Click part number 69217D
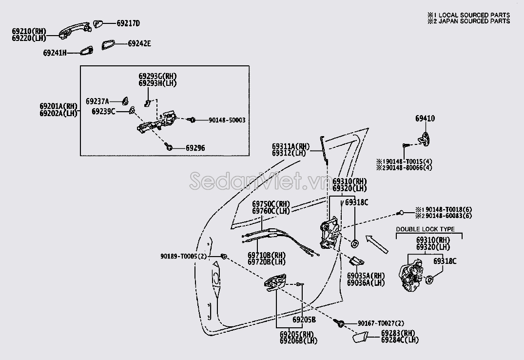tap(128, 23)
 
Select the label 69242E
tap(139, 43)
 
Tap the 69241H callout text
tap(55, 53)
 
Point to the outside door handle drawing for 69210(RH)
tap(73, 30)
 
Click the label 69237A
tap(97, 101)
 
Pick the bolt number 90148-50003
tap(227, 120)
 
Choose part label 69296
tap(195, 147)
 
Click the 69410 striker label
tap(425, 119)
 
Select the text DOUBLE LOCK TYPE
tap(425, 229)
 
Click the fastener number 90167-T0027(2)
tap(381, 323)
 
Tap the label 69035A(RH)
tap(366, 276)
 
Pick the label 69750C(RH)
tap(271, 204)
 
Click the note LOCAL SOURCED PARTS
tap(472, 15)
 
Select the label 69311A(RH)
tap(291, 146)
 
